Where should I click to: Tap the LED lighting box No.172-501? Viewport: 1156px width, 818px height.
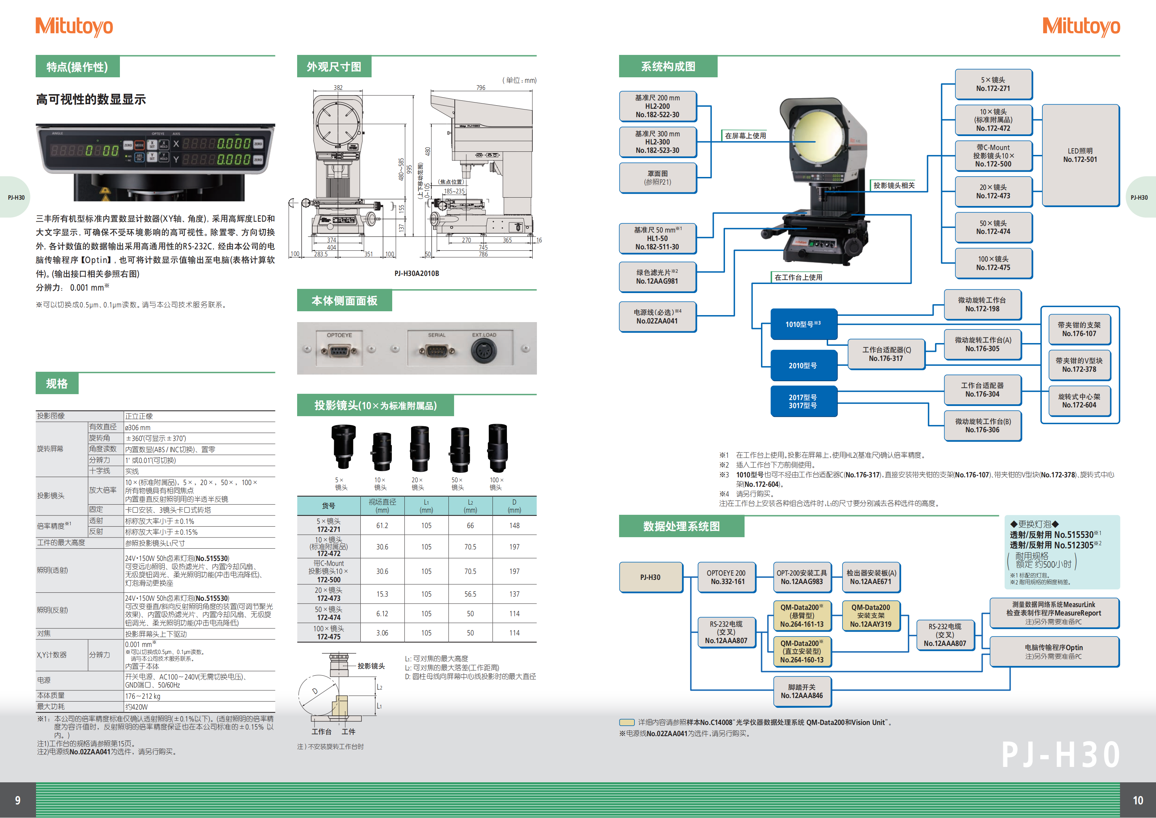1080,155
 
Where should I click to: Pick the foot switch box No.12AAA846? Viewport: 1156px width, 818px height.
802,691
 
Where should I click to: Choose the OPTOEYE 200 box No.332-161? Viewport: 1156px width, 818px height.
726,577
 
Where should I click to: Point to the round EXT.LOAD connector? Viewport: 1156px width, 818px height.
483,350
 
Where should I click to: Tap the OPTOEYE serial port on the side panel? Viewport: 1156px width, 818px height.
339,350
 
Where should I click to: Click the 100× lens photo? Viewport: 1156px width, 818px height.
497,447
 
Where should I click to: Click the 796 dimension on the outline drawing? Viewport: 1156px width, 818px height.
481,88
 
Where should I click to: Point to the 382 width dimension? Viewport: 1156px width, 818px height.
338,88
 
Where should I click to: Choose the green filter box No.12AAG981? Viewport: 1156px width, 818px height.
657,277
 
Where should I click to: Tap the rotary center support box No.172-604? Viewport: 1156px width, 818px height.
1079,401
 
